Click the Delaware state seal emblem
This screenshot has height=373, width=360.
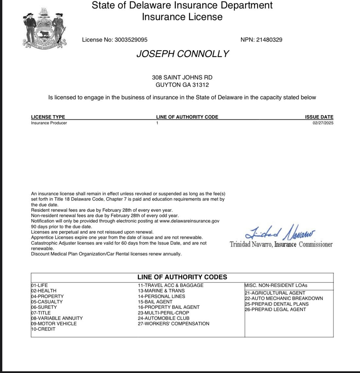[x=44, y=29]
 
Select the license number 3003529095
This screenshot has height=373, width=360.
[x=131, y=40]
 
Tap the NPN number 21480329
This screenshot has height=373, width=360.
[x=269, y=40]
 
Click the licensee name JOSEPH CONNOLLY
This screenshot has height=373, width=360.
[x=182, y=54]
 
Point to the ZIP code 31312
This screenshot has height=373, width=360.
[x=201, y=85]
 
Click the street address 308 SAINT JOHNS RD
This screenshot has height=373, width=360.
[x=182, y=78]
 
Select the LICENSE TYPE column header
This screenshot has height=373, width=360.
[x=48, y=117]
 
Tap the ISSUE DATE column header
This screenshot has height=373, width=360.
[x=319, y=117]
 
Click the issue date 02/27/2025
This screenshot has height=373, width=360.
[x=323, y=123]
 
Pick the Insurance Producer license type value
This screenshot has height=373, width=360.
[x=49, y=123]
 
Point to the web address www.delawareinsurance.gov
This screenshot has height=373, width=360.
[x=189, y=221]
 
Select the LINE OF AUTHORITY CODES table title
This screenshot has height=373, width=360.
[x=182, y=277]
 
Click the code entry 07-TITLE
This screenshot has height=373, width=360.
[x=41, y=313]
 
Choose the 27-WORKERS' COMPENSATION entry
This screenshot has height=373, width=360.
[x=173, y=324]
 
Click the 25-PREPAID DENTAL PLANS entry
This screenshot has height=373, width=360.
[x=277, y=304]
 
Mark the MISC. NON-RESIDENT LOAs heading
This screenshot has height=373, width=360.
[x=276, y=285]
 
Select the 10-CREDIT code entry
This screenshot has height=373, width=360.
[x=43, y=329]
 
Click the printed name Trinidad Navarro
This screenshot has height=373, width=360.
[x=251, y=244]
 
